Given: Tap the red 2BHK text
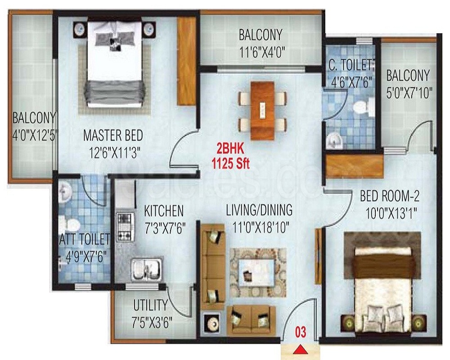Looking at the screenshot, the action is coord(230,149).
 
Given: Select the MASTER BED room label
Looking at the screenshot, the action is coord(113,135).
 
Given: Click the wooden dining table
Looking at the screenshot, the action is coord(262,111).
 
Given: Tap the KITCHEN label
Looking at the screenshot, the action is coord(164,211).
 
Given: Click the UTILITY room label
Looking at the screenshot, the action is coord(150,306).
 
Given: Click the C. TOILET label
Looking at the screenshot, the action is coord(351,65).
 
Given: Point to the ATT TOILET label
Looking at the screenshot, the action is coord(85,239).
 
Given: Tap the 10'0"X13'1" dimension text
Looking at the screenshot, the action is coord(391,214).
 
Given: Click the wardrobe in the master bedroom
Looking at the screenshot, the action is coord(186,61).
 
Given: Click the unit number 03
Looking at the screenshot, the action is coord(301,333).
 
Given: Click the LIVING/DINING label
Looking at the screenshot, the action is coord(259,210).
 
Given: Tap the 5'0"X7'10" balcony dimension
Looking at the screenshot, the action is coord(409,93).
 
